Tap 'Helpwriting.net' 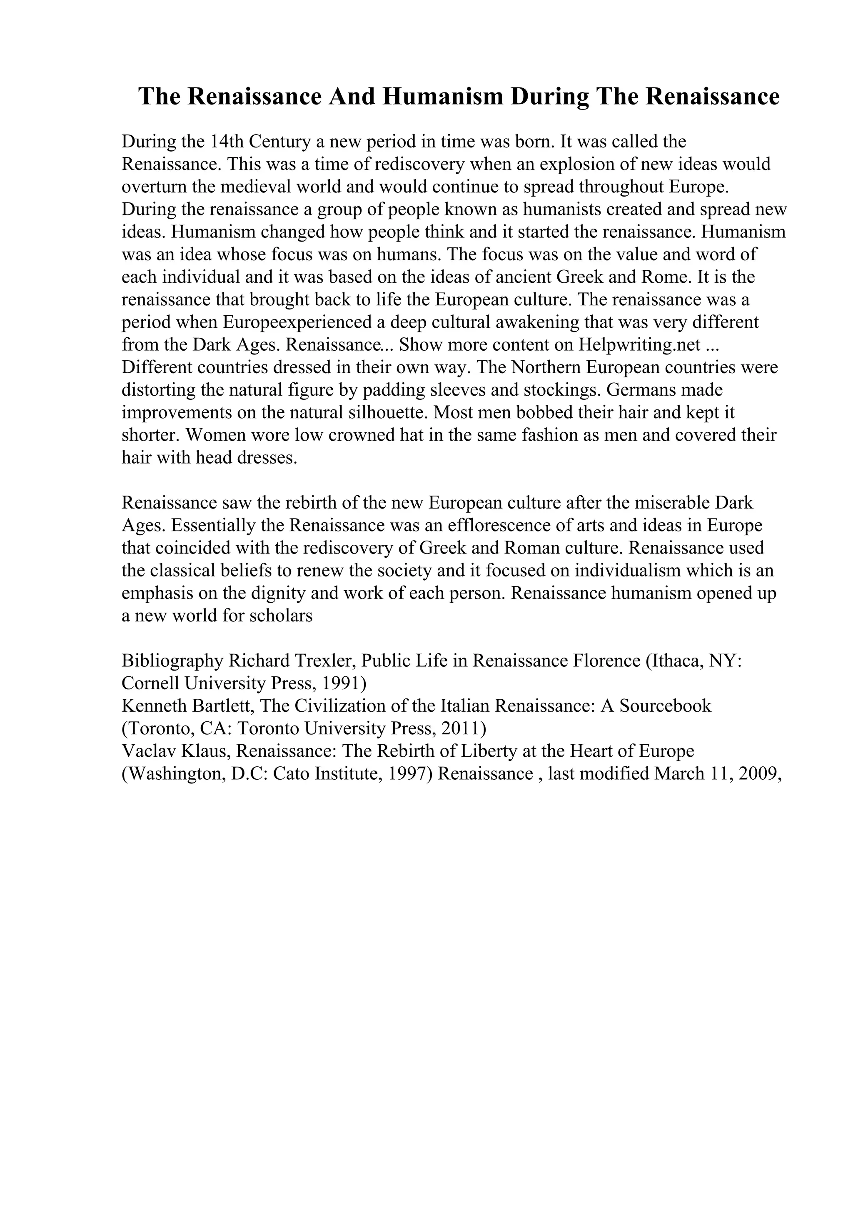click(x=640, y=345)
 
